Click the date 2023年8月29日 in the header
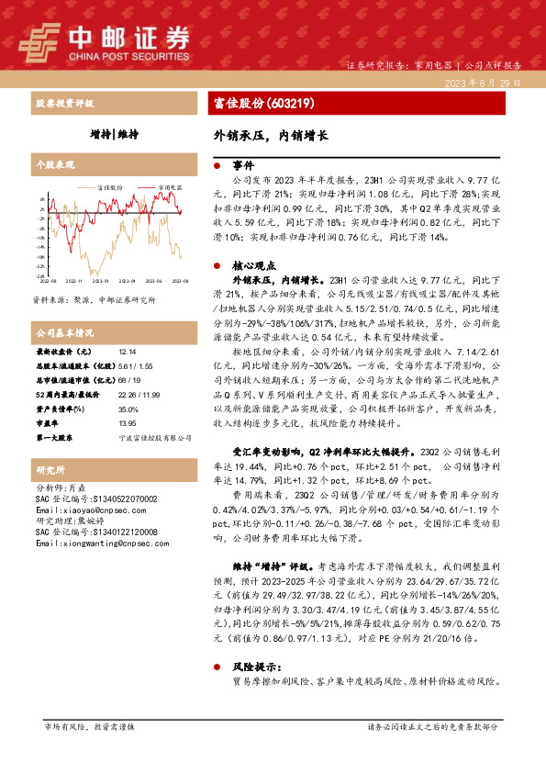pyautogui.click(x=483, y=82)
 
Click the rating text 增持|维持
pyautogui.click(x=115, y=134)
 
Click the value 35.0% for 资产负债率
pyautogui.click(x=128, y=409)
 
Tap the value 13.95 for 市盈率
pyautogui.click(x=127, y=424)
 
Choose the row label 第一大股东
pyautogui.click(x=55, y=439)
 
